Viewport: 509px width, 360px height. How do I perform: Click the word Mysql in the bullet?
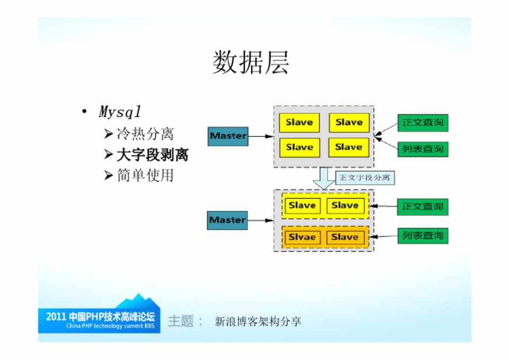pos(120,112)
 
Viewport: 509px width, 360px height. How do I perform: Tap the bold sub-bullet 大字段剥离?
pos(152,155)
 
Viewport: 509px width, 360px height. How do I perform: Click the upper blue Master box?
pos(228,136)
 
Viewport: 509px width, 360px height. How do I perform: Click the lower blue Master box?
pos(227,219)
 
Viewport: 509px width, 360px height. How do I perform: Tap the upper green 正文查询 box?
pos(423,122)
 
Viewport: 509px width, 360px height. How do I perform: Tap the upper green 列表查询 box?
pos(423,149)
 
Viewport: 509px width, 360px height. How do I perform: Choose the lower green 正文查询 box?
pos(423,206)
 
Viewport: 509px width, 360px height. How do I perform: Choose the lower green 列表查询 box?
pos(423,235)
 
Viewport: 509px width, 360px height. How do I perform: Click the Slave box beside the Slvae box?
pos(345,237)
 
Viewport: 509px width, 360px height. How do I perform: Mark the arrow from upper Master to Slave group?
pos(260,136)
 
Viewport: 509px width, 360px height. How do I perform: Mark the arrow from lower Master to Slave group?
pos(260,220)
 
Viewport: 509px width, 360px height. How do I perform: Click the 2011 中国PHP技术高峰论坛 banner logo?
pos(100,318)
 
